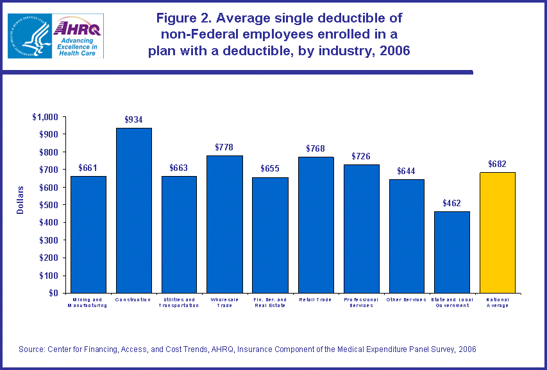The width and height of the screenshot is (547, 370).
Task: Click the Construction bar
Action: point(133,210)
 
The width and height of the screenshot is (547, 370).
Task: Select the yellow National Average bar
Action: point(498,232)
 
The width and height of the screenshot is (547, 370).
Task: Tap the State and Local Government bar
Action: point(452,252)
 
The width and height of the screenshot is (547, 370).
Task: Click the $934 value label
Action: point(133,119)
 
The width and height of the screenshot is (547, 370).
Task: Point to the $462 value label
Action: point(452,203)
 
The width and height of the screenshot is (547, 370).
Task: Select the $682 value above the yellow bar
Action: point(498,164)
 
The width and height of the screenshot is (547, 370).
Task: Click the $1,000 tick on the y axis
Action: point(45,117)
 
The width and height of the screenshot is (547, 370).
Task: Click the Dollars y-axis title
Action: point(21,200)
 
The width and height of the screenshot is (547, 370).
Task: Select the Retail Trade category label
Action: point(316,299)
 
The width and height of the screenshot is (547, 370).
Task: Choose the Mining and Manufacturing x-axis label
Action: point(88,303)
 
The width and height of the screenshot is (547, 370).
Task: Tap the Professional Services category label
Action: point(361,303)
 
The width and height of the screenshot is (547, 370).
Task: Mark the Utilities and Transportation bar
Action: point(179,234)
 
